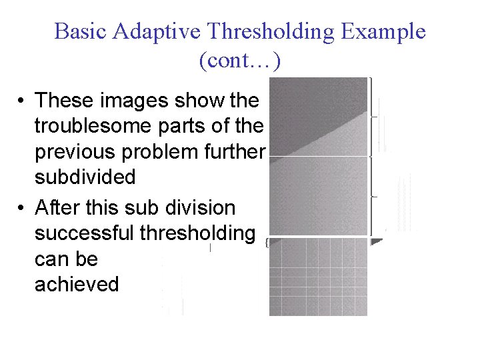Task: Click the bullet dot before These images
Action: [22, 101]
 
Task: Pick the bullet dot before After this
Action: [22, 208]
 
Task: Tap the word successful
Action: [85, 233]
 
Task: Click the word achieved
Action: [77, 285]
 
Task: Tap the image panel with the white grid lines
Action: [318, 277]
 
